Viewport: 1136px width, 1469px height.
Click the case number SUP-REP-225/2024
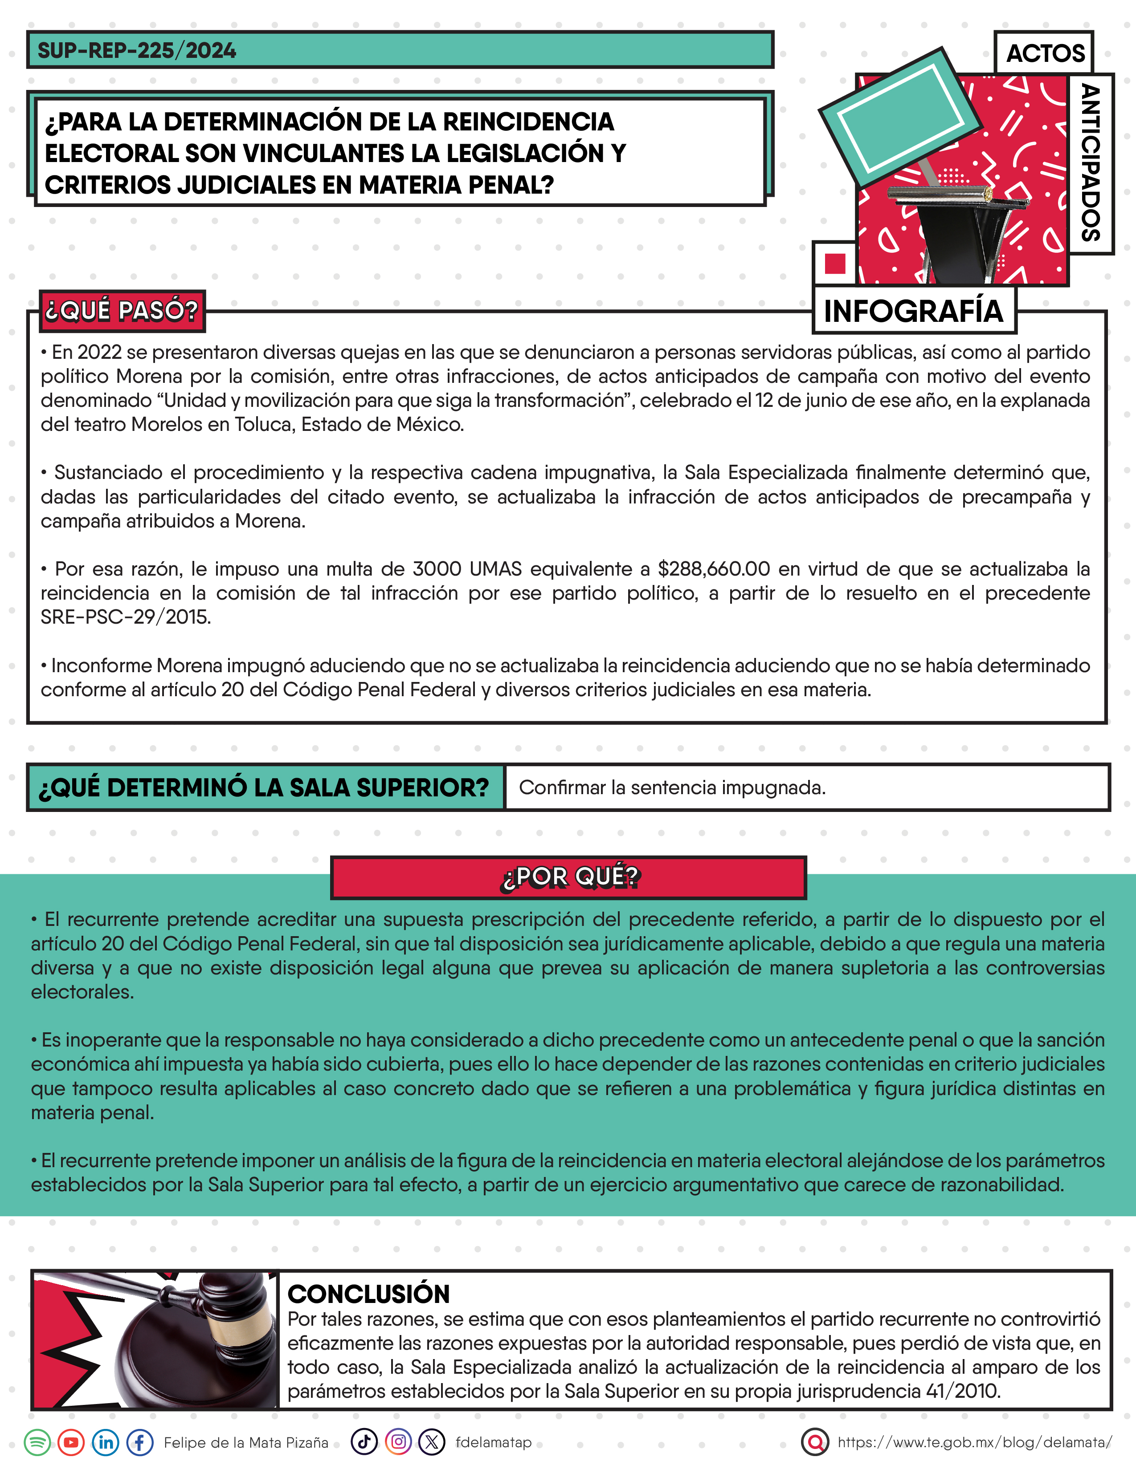137,50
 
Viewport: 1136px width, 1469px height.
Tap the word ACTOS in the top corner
1045,53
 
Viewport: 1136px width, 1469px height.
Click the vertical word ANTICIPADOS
1090,163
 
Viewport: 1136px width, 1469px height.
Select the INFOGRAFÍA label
913,312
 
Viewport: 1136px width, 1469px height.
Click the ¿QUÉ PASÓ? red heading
122,311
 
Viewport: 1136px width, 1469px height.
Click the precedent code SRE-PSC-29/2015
126,617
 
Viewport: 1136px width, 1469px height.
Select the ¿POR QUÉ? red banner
569,877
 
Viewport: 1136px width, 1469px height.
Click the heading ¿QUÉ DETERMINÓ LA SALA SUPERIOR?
264,787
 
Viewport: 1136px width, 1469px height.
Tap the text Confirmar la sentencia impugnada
672,787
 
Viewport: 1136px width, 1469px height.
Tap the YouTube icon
71,1442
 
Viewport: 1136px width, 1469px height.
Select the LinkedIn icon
106,1442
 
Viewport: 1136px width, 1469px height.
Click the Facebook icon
140,1442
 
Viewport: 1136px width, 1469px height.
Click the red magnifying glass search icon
815,1442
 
